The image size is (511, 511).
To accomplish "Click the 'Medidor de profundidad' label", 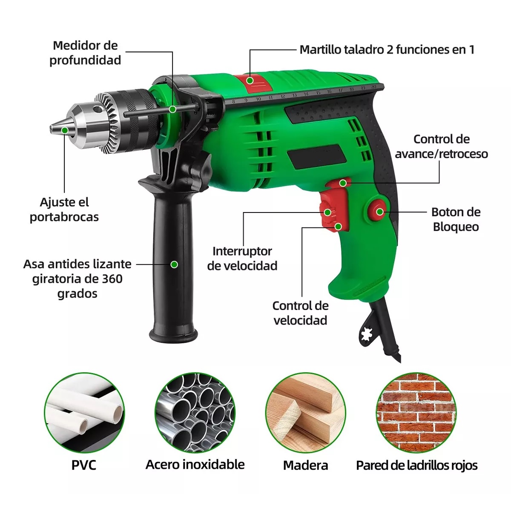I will point(85,53).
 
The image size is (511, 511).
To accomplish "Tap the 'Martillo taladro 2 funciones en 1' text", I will point(387,50).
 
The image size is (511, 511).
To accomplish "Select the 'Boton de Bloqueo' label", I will point(456,219).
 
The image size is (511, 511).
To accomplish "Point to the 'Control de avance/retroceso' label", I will point(442,146).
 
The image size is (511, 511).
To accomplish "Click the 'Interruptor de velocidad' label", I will point(242,258).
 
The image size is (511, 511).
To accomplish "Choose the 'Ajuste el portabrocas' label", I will point(64,210).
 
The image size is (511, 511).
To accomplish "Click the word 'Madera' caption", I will point(305,465).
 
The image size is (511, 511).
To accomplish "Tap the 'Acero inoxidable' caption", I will point(195,465).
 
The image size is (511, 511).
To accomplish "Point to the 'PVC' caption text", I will point(84,465).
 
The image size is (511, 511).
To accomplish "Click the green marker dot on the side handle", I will point(174,264).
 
